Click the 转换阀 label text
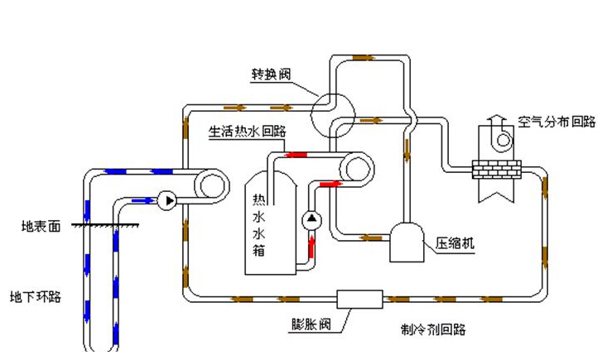(x=270, y=74)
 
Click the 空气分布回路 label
(x=557, y=122)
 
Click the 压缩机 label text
(x=455, y=245)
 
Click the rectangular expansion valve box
(x=359, y=299)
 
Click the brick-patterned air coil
(x=495, y=170)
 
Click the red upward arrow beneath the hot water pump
(x=311, y=244)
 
